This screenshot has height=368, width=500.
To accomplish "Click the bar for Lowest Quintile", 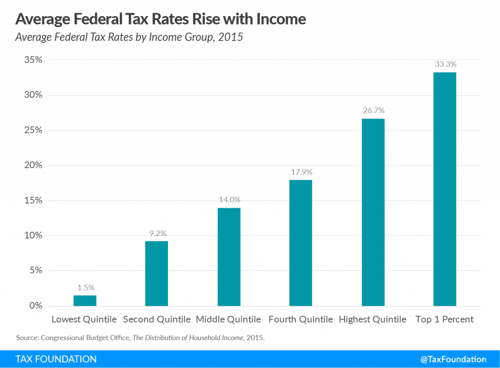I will tap(85, 301).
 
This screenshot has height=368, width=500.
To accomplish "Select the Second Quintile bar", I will tap(157, 274).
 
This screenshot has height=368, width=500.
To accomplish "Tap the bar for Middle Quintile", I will tap(229, 257).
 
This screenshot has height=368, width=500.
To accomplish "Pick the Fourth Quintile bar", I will tap(300, 243).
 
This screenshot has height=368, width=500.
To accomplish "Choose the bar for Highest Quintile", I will tap(373, 213).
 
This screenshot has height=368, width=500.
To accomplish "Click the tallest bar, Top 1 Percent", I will tap(444, 189).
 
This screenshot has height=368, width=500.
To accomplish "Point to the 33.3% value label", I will tap(444, 64).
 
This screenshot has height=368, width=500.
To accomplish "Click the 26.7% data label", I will tap(373, 110).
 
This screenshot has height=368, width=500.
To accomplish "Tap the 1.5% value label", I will tap(85, 287).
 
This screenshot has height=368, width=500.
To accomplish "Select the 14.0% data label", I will tap(229, 200).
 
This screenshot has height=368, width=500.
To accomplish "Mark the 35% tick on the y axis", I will tap(32, 60).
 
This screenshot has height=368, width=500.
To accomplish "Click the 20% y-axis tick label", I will tap(32, 165).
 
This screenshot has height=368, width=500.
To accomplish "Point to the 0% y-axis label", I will tap(34, 306).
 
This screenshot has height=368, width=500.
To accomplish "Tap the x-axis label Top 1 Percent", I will tap(444, 320).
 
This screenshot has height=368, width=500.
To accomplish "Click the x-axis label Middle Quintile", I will tap(229, 320).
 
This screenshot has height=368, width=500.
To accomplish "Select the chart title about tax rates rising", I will tap(161, 19).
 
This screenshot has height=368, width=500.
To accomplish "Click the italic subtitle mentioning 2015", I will tap(129, 37).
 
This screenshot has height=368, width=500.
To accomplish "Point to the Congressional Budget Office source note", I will tap(141, 338).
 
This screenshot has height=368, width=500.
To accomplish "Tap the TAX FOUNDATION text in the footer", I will tap(56, 359).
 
